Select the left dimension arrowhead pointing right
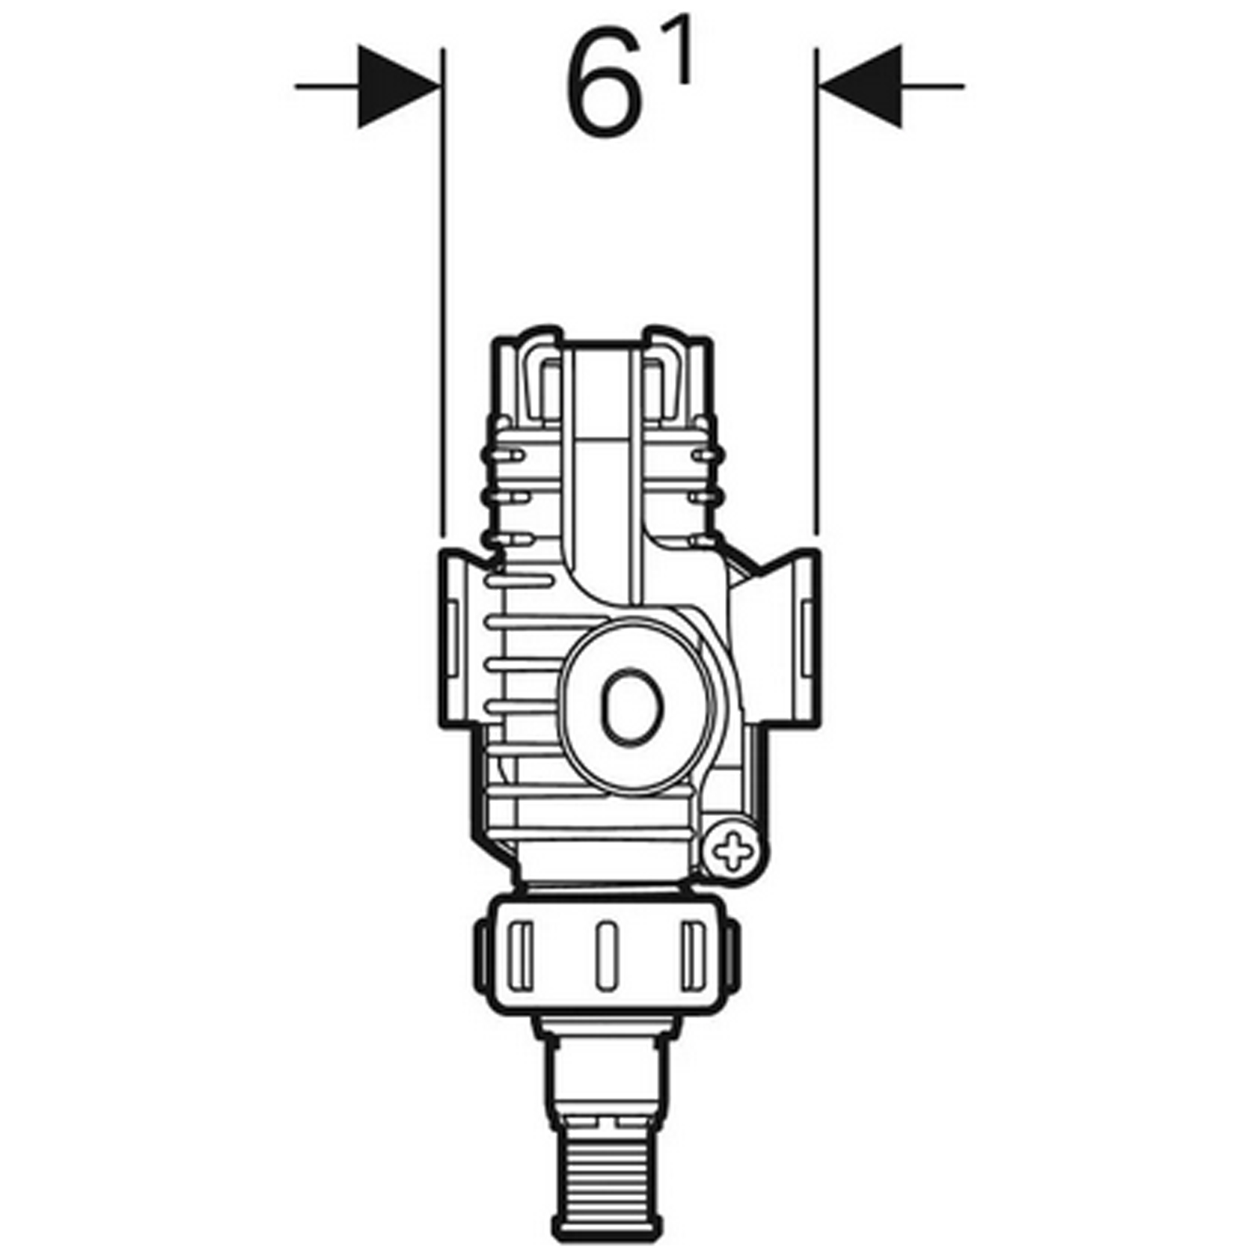tap(397, 86)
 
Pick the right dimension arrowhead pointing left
tap(859, 86)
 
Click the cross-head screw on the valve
tap(732, 853)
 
